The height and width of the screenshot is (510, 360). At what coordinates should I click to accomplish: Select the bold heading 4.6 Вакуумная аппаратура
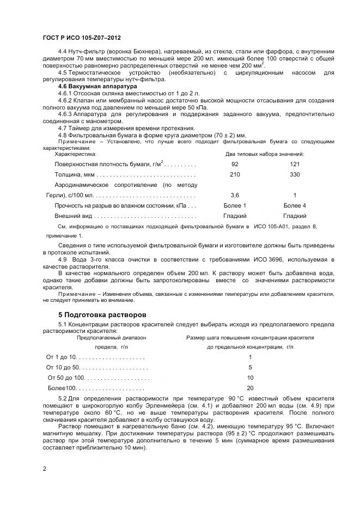click(97, 87)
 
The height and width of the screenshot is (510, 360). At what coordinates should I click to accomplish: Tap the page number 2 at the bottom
click(44, 468)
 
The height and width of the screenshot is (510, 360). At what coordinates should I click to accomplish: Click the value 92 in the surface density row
click(235, 164)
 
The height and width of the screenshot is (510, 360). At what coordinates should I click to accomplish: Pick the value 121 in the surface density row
click(295, 164)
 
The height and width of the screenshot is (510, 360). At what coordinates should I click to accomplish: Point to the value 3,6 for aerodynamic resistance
click(235, 195)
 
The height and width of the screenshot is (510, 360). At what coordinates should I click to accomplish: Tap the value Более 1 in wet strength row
click(235, 205)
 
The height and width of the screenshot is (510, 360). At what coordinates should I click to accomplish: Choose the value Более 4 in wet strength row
click(295, 205)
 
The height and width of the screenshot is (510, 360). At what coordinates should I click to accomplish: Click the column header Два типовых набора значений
click(265, 154)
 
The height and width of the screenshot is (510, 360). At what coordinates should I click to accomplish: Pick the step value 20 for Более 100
click(250, 388)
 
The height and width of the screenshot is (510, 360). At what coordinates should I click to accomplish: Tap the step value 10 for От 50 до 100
click(250, 378)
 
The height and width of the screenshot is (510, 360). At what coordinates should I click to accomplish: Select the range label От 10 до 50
click(63, 367)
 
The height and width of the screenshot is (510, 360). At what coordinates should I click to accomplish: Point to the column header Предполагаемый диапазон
click(111, 338)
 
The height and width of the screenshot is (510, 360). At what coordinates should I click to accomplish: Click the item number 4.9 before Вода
click(63, 259)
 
